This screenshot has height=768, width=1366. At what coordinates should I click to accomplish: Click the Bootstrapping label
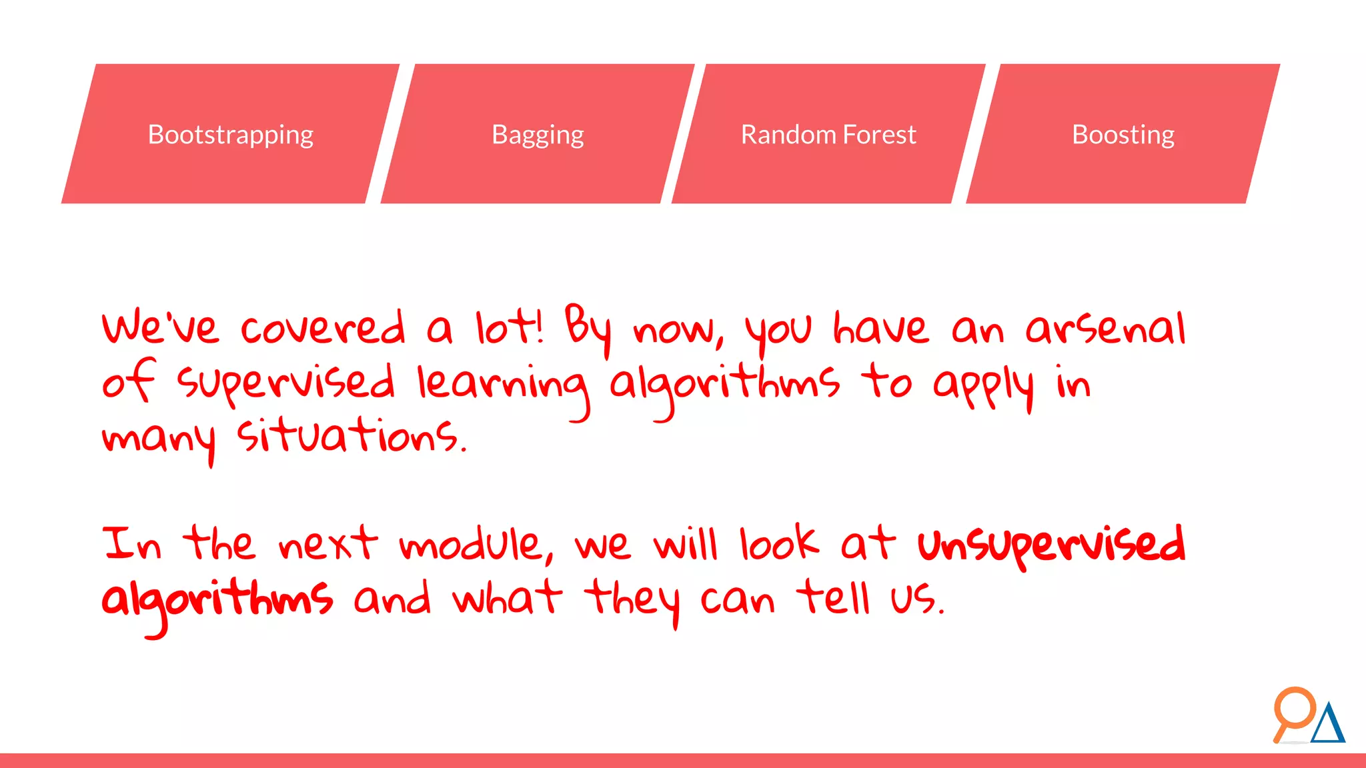tap(230, 135)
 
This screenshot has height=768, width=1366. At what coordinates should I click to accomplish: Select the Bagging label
tap(538, 135)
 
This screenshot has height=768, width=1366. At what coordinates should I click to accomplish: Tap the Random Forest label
tap(828, 135)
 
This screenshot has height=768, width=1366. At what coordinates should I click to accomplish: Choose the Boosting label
tap(1123, 135)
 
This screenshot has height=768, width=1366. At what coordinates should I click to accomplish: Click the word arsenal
tap(1105, 329)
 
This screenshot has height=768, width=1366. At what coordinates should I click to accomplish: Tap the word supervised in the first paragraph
tap(286, 384)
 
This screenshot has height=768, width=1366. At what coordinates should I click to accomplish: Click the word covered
tap(323, 328)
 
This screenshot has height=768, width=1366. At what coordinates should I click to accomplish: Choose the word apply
tap(983, 386)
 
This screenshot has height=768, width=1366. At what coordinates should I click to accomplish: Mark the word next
tap(327, 543)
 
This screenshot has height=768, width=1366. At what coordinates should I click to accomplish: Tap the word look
tap(778, 544)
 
